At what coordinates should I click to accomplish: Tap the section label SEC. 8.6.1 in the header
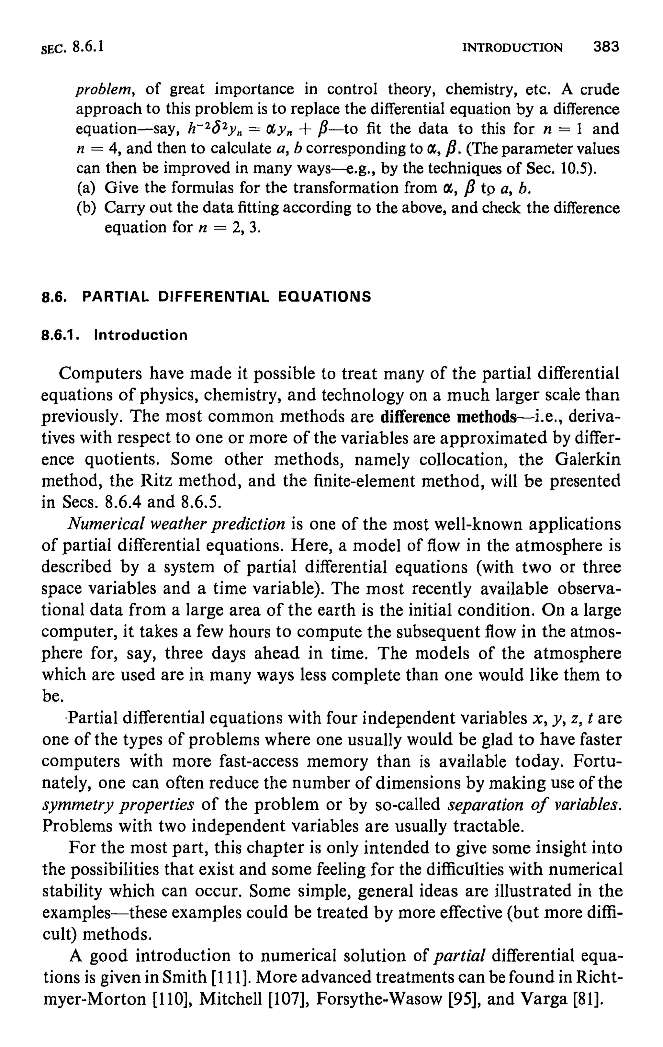(x=72, y=47)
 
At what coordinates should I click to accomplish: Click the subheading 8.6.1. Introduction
(x=114, y=335)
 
